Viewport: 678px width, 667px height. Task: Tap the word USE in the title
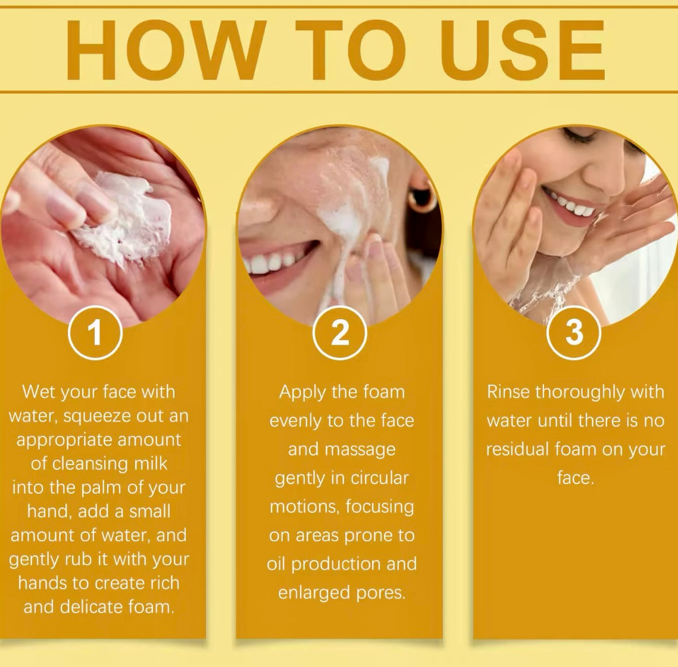[x=522, y=50]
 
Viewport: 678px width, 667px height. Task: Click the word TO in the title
[x=351, y=50]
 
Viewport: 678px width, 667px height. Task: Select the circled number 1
[x=95, y=333]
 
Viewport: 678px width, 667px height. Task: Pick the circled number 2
[x=340, y=333]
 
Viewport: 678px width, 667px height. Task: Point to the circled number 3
[x=574, y=333]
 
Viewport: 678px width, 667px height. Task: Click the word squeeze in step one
[x=98, y=417]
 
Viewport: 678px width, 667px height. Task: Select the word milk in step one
[x=150, y=463]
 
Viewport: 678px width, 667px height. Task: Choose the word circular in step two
[x=379, y=478]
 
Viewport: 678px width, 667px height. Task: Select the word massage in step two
[x=360, y=450]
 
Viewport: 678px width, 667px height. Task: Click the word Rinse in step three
[x=508, y=392]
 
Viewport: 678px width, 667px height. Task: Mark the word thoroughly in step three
[x=580, y=393]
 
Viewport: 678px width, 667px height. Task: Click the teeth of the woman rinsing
[x=570, y=205]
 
